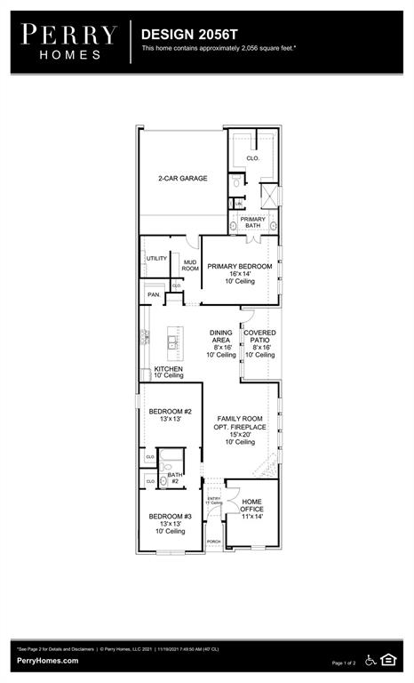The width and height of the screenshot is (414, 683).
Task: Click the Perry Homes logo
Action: [69, 41]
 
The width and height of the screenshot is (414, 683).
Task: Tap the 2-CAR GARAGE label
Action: [183, 179]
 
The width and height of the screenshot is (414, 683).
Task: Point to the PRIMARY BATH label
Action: [253, 222]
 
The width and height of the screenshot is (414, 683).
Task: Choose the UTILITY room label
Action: [156, 258]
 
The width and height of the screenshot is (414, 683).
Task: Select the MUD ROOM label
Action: [190, 265]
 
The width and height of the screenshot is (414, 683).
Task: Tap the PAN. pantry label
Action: [154, 293]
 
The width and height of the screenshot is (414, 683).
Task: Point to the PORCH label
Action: [213, 541]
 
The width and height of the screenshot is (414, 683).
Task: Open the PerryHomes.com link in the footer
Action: [47, 661]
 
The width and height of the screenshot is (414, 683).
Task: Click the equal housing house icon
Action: [388, 659]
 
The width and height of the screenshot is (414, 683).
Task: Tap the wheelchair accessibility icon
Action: [369, 659]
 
